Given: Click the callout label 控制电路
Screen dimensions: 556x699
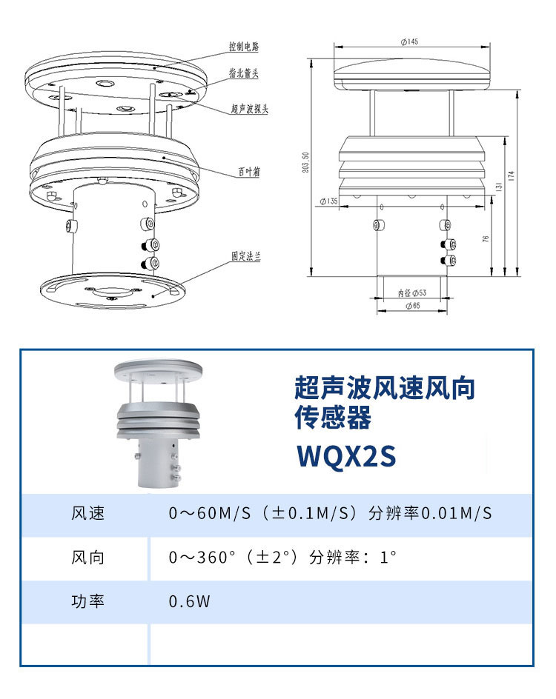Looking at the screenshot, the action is pyautogui.click(x=244, y=47).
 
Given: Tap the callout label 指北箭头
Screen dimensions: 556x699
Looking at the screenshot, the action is pyautogui.click(x=244, y=73).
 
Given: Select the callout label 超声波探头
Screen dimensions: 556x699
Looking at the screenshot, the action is pyautogui.click(x=249, y=108).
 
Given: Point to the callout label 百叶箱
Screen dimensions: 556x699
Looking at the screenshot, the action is pyautogui.click(x=248, y=171).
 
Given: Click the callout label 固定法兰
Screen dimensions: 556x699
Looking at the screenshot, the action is pyautogui.click(x=245, y=256).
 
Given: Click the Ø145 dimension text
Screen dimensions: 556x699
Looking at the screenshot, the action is pyautogui.click(x=409, y=41).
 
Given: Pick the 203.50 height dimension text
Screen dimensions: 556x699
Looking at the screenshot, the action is pyautogui.click(x=305, y=162).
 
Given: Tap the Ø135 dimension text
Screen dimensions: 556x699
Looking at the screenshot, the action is pyautogui.click(x=329, y=201).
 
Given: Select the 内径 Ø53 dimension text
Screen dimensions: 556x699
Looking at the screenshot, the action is pyautogui.click(x=412, y=293).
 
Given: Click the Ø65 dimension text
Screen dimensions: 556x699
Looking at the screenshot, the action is pyautogui.click(x=413, y=305).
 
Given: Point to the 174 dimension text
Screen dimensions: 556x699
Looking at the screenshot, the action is pyautogui.click(x=512, y=175).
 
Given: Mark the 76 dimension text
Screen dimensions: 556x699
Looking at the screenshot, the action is pyautogui.click(x=486, y=239).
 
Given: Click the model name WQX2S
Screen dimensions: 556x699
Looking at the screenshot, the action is pyautogui.click(x=346, y=455).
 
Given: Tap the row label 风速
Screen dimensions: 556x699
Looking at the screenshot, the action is pyautogui.click(x=88, y=513).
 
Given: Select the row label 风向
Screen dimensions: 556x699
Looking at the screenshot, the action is pyautogui.click(x=88, y=558).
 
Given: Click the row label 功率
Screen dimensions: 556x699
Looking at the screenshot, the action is pyautogui.click(x=88, y=601).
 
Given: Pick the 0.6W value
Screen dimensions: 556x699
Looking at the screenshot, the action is pyautogui.click(x=189, y=601).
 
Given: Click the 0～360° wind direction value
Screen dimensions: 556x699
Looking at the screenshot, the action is pyautogui.click(x=202, y=558).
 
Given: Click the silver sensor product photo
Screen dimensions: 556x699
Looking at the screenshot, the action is pyautogui.click(x=158, y=423).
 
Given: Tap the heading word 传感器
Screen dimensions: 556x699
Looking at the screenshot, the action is pyautogui.click(x=332, y=418).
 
